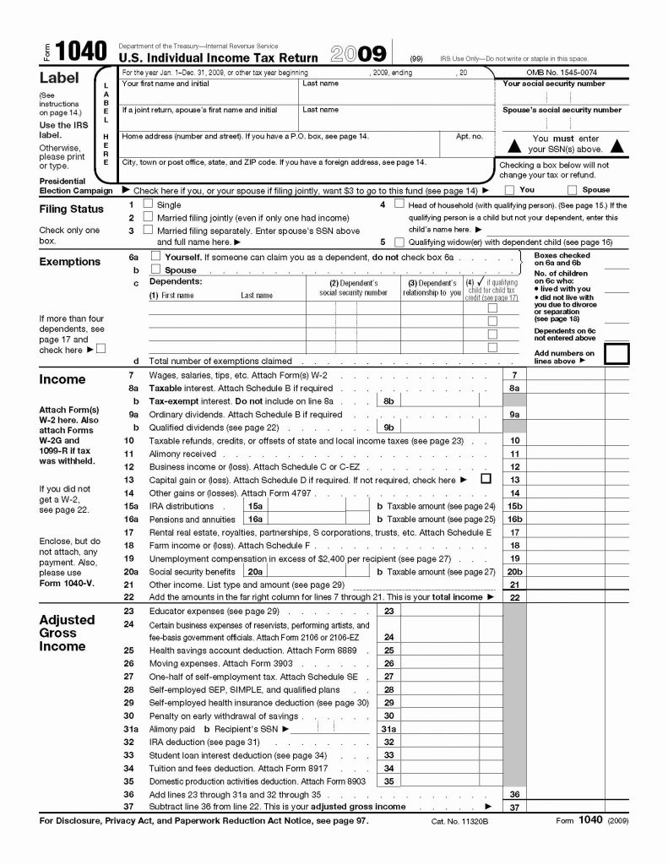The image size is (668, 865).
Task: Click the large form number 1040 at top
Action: [x=79, y=52]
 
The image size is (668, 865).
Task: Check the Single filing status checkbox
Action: [x=149, y=204]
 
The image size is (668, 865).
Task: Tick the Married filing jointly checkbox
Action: [x=149, y=217]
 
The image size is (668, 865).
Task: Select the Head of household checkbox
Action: [x=399, y=204]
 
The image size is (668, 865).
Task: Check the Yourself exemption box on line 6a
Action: [x=155, y=256]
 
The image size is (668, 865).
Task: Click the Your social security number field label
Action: [x=553, y=84]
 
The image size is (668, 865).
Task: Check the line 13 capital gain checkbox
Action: [x=485, y=479]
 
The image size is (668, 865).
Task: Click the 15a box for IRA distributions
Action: [x=255, y=505]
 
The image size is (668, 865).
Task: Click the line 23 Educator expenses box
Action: [x=388, y=610]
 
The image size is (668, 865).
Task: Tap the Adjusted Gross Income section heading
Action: [x=67, y=633]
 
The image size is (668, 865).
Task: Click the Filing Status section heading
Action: [x=72, y=209]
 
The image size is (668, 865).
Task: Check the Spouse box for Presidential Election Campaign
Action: [x=573, y=190]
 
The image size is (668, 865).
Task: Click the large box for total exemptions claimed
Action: [x=616, y=353]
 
